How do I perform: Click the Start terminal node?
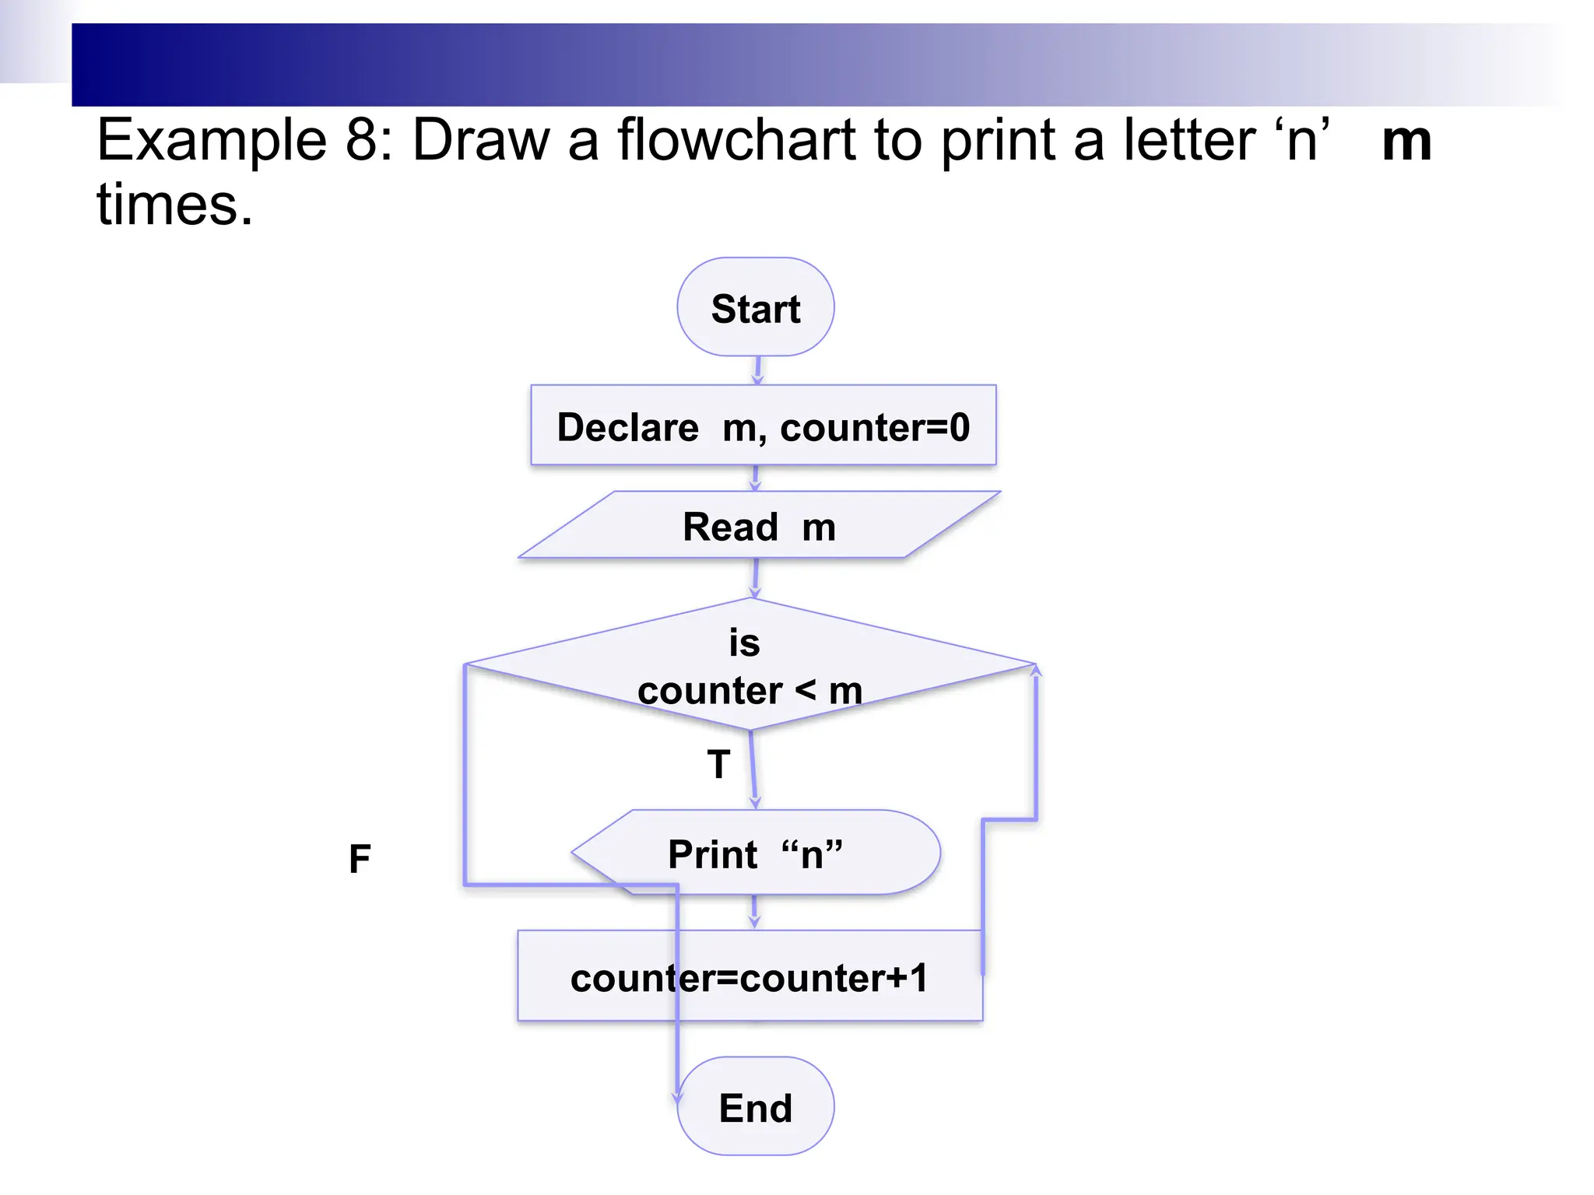755,307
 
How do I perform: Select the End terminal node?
755,1106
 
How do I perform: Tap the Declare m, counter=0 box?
763,426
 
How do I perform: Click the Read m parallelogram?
759,526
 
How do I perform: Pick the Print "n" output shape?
755,853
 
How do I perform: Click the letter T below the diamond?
718,764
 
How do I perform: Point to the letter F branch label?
360,859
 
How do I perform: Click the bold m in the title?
1406,141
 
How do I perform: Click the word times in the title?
174,205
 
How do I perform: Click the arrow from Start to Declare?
757,370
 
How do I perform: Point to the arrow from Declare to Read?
755,478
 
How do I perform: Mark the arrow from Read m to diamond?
755,577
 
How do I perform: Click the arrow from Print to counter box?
753,912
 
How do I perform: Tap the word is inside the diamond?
744,643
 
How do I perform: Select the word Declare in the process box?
627,427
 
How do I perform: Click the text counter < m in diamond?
750,690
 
